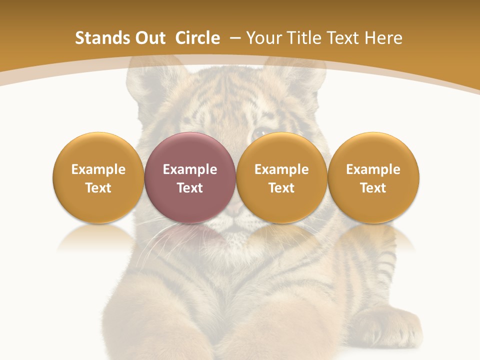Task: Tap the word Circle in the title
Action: point(197,38)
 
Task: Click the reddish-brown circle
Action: point(189,177)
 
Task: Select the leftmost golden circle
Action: point(98,177)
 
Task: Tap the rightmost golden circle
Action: point(373,177)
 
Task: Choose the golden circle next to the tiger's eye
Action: point(281,177)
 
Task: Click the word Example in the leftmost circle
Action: point(98,169)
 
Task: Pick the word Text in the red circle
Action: point(189,188)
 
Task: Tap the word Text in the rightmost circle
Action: point(373,188)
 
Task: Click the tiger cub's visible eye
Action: point(260,134)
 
